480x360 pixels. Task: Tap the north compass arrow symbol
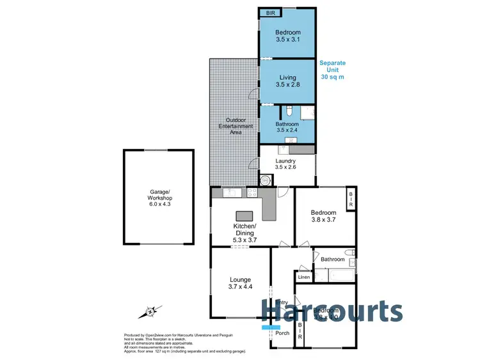[149, 312]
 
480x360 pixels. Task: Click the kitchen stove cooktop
[252, 192]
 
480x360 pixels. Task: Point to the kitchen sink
[230, 192]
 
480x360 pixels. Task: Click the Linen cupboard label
[304, 277]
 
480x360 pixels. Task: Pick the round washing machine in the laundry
[266, 178]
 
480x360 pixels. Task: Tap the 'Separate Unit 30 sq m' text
[333, 70]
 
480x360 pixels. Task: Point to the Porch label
[282, 333]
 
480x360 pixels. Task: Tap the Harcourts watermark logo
[332, 311]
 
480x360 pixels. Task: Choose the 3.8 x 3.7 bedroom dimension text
[323, 221]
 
